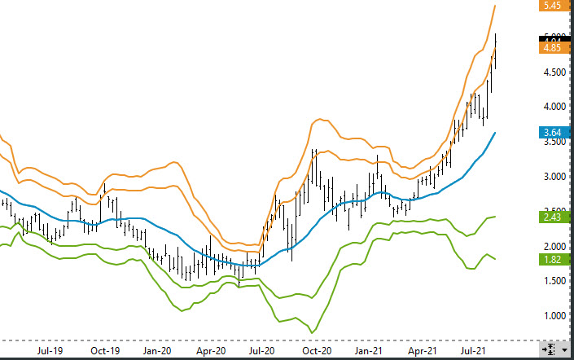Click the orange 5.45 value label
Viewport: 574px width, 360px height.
click(x=551, y=5)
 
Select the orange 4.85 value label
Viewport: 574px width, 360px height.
click(x=551, y=48)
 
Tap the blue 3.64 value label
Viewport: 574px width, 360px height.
click(x=551, y=132)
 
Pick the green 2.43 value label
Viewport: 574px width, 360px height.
click(x=551, y=217)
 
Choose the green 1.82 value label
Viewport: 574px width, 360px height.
click(x=551, y=259)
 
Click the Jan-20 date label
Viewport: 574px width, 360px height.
click(x=157, y=351)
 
